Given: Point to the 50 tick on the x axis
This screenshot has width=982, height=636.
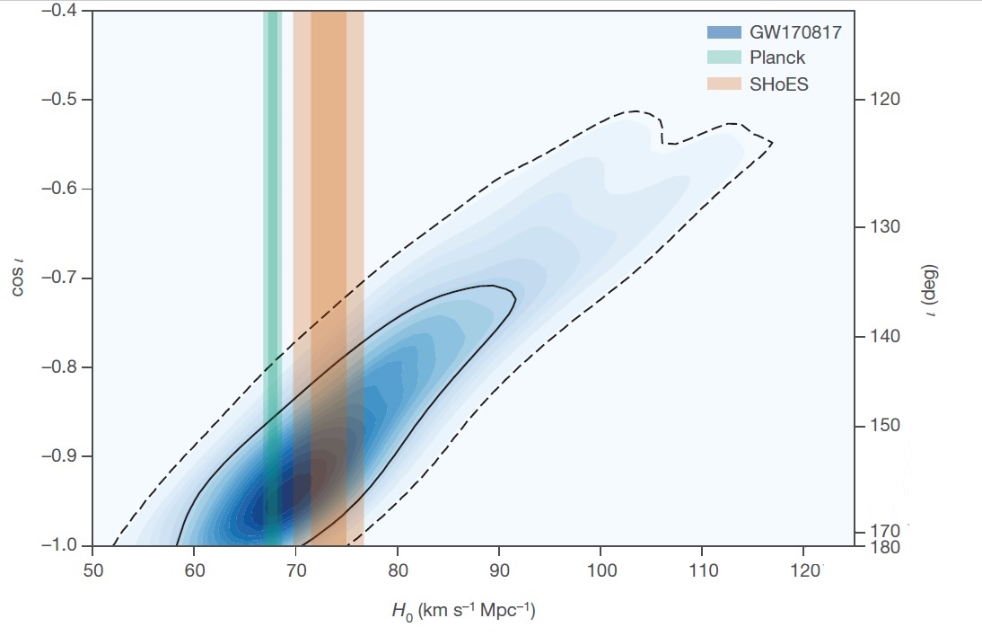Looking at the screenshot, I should pyautogui.click(x=93, y=570).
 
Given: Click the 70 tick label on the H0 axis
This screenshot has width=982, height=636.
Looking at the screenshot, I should pyautogui.click(x=295, y=570).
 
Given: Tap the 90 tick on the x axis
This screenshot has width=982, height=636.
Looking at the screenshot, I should pyautogui.click(x=498, y=570).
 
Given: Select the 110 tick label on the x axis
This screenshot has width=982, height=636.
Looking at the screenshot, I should pyautogui.click(x=701, y=570).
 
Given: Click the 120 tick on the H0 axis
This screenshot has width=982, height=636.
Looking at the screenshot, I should pyautogui.click(x=805, y=570).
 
